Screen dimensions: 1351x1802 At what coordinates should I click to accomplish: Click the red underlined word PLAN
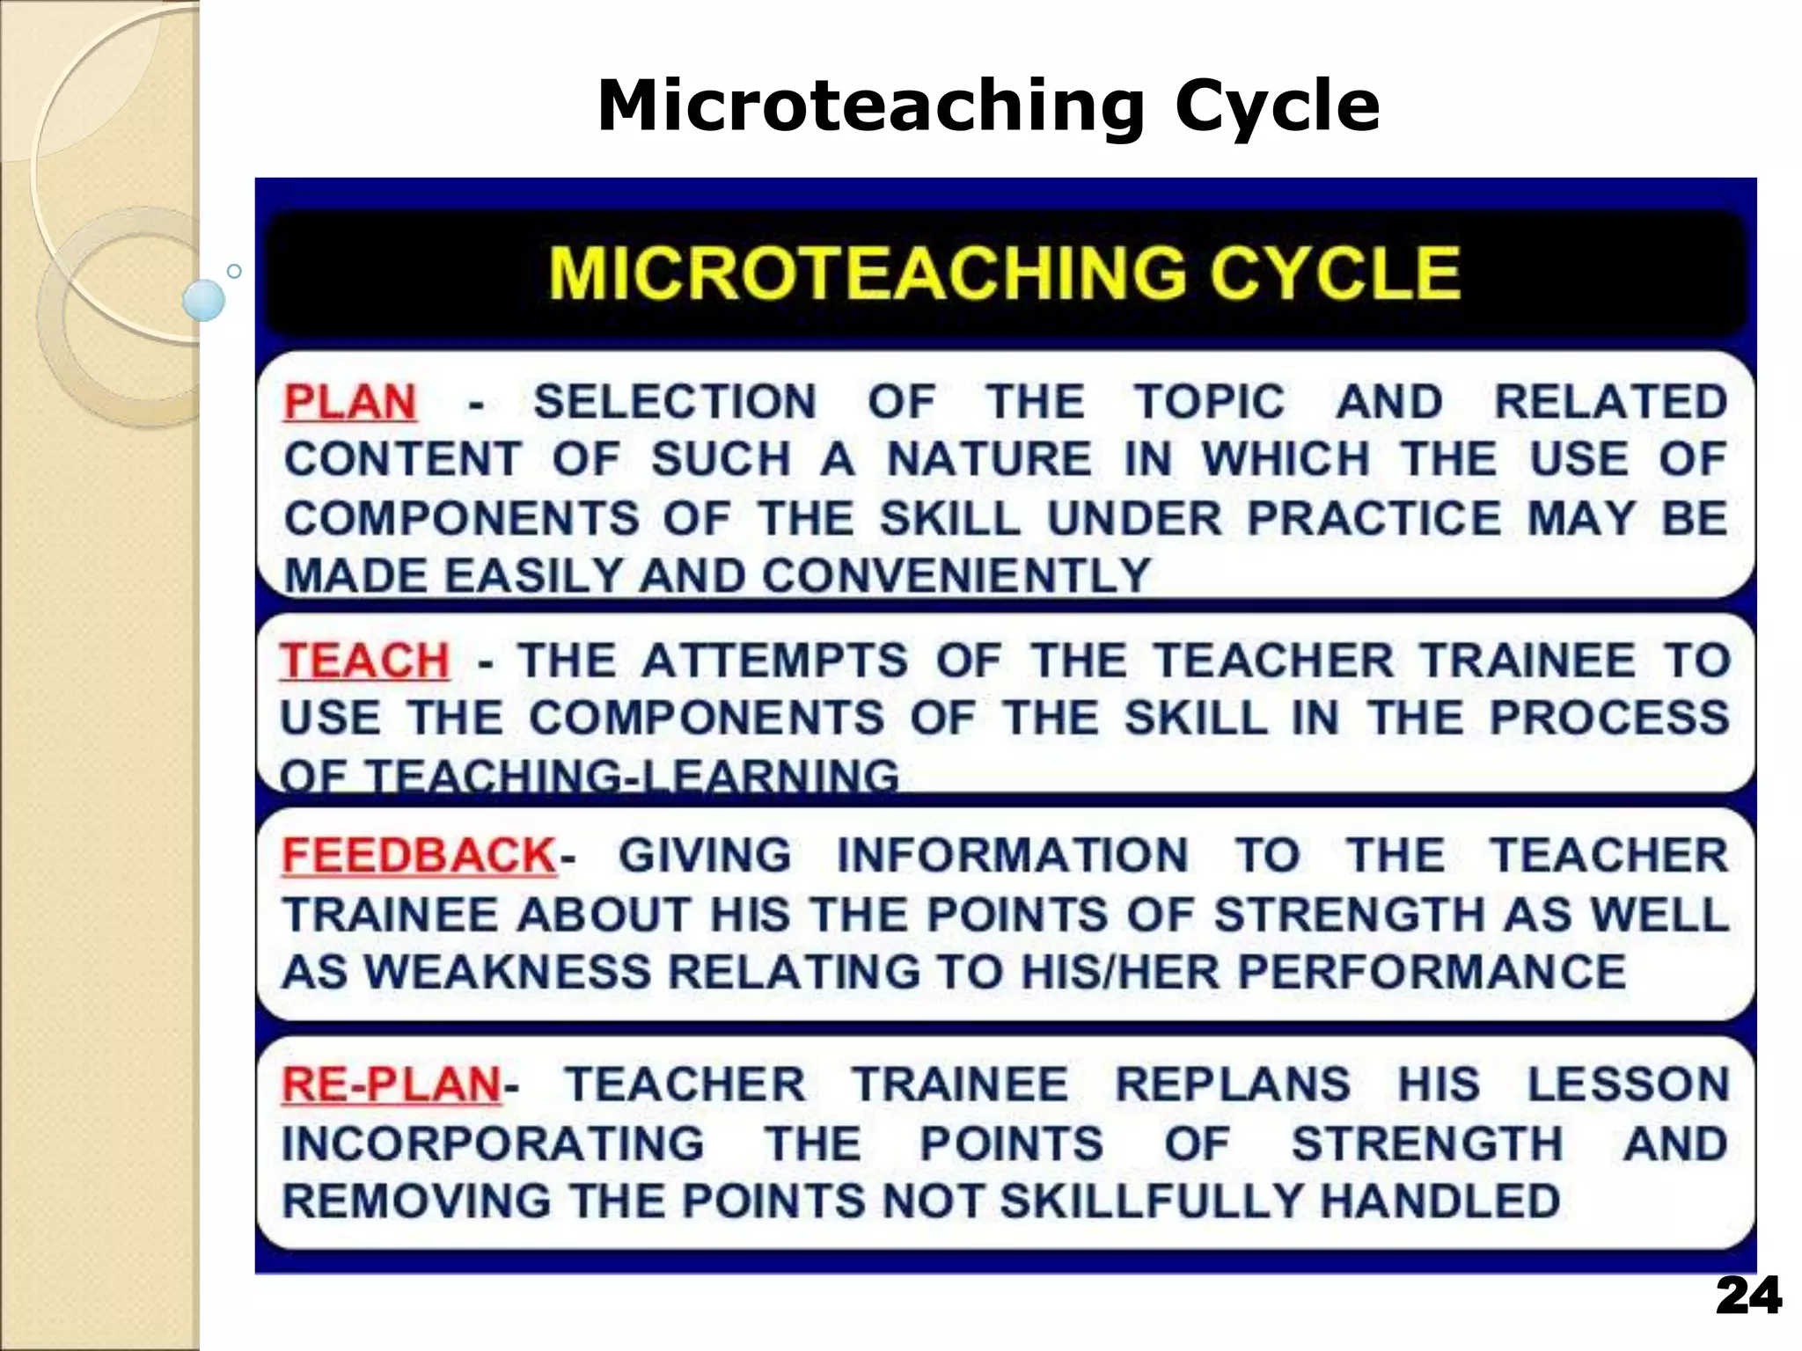click(x=350, y=403)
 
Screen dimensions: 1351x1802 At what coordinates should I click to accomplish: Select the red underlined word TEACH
click(x=364, y=661)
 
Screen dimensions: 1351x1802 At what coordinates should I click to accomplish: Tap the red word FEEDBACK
click(x=419, y=856)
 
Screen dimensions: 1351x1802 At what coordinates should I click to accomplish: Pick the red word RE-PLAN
click(x=392, y=1084)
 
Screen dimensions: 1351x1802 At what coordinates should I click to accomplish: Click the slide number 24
click(x=1748, y=1296)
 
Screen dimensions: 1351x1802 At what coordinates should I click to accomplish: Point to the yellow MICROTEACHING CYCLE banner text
click(x=1005, y=274)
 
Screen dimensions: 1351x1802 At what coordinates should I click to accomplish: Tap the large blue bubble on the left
click(x=204, y=300)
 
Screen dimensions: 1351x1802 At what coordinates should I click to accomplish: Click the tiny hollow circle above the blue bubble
click(x=234, y=271)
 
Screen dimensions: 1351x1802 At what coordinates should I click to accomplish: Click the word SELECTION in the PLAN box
click(x=676, y=403)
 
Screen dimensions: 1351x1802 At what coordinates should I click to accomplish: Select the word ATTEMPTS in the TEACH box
click(x=774, y=661)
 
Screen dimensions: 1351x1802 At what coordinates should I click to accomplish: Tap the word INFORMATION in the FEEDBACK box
click(x=1013, y=856)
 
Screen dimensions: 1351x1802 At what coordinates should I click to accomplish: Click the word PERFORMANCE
click(x=1432, y=972)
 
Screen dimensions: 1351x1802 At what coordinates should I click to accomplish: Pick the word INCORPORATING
click(x=494, y=1144)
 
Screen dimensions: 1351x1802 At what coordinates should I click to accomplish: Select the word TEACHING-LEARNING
click(x=632, y=777)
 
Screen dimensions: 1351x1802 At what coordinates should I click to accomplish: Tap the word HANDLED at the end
click(x=1440, y=1201)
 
